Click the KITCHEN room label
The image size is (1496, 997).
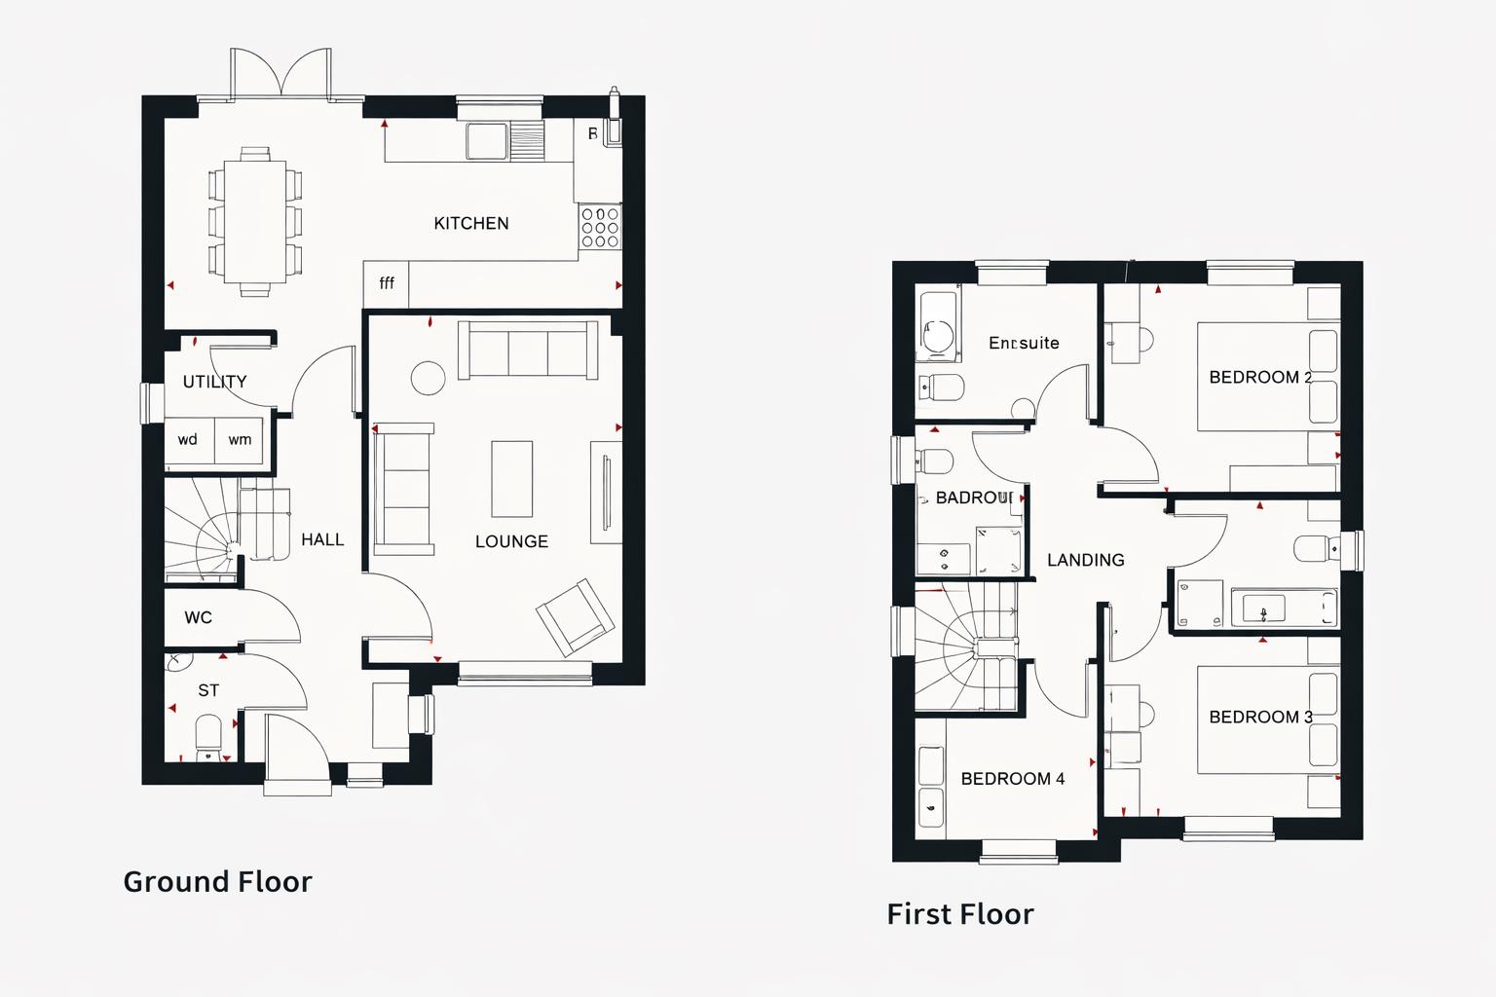[x=470, y=223]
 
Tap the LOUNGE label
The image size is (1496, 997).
[x=511, y=541]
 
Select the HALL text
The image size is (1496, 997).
[x=322, y=539]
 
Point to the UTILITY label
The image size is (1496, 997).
[x=214, y=382]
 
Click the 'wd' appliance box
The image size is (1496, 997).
[x=188, y=440]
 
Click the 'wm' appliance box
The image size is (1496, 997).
[x=240, y=440]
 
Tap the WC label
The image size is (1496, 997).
[x=198, y=617]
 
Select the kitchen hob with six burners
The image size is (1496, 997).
[x=599, y=227]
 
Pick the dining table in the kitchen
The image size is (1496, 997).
[x=254, y=221]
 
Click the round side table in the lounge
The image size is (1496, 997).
[x=428, y=378]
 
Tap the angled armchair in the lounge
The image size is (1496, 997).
[x=576, y=617]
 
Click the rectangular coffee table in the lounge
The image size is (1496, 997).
[x=511, y=479]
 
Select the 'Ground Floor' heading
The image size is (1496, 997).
[x=217, y=881]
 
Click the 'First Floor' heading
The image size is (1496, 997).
[x=959, y=913]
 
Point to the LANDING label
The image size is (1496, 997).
[x=1085, y=560]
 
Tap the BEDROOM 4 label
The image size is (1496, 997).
[x=1012, y=779]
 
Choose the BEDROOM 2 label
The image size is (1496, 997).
[x=1259, y=377]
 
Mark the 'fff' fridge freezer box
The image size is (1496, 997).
[x=387, y=283]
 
